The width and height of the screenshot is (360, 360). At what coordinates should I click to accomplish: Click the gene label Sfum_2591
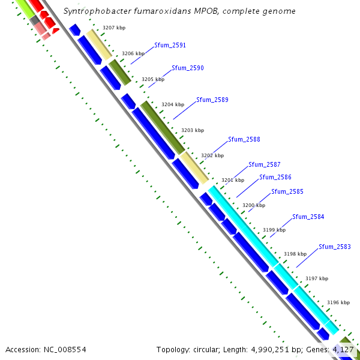coord(170,45)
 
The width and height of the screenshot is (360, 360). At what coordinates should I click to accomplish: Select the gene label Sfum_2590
coord(188,68)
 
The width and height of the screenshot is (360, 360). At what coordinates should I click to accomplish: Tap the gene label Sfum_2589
coord(212,100)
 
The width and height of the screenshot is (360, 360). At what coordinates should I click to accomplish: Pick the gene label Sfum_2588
coord(244,139)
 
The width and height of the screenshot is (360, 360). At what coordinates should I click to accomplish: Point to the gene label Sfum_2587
coord(265,164)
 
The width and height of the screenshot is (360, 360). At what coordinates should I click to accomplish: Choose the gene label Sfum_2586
coord(275,177)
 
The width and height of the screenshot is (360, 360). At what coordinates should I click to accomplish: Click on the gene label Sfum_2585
coord(287,191)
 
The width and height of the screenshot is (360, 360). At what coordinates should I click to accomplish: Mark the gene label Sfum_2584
coord(308,217)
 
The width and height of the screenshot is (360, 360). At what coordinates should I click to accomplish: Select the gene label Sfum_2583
coord(335,247)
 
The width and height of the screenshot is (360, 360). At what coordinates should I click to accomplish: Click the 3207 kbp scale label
coord(113,28)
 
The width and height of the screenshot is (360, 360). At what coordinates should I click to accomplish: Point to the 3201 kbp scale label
coord(233,180)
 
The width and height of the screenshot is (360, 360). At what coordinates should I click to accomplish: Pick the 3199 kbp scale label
coord(274,230)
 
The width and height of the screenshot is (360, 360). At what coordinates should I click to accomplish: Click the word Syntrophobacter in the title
coord(95,11)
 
